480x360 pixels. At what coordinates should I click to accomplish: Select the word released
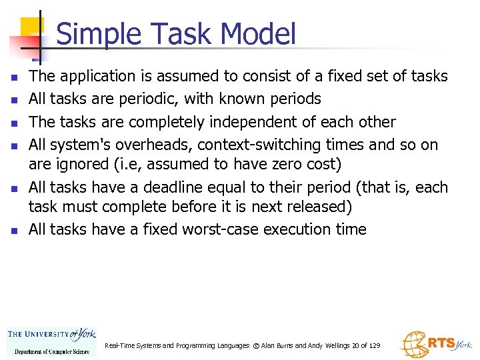317,207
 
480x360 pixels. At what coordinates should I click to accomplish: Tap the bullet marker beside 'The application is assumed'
13,77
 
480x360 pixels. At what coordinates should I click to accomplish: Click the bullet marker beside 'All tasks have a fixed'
13,231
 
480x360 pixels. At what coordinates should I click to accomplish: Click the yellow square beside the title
31,29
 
